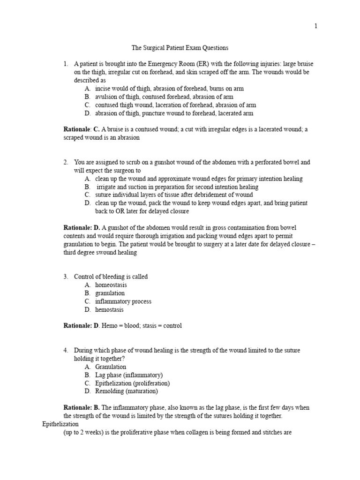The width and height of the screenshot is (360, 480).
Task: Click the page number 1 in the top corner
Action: click(316, 26)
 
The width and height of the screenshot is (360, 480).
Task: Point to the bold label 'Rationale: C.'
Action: click(82, 129)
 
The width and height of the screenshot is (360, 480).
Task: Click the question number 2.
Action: click(66, 162)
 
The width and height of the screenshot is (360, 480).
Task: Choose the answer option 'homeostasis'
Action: click(111, 285)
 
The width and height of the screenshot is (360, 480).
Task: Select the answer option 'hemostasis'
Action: click(110, 310)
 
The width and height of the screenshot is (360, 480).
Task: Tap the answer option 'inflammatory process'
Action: click(123, 301)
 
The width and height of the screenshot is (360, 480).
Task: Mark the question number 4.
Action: click(66, 351)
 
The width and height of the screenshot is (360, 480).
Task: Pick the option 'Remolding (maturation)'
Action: click(127, 391)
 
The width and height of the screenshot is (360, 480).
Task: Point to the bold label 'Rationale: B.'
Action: click(82, 408)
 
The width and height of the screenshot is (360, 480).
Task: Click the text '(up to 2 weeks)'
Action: click(82, 433)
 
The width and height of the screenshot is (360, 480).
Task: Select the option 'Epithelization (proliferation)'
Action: click(132, 383)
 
